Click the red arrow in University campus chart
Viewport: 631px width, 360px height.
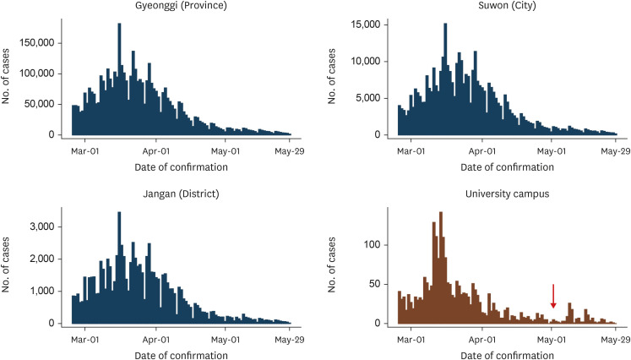[553, 296]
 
